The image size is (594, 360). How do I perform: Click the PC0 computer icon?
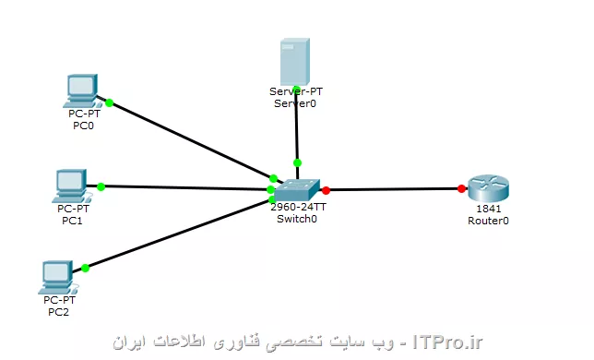(81, 90)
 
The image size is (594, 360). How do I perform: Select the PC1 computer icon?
(70, 185)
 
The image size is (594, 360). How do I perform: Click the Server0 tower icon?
(295, 61)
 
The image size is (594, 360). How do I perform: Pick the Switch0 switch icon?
(299, 189)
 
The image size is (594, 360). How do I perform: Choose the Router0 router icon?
(487, 189)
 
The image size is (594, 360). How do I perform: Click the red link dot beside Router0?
(461, 189)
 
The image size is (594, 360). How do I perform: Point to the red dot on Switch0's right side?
(326, 191)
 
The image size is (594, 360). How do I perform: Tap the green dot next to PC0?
(109, 102)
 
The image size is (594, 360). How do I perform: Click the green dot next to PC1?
(101, 186)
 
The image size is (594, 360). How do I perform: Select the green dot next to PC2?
(85, 268)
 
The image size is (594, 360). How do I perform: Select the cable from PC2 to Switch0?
(175, 234)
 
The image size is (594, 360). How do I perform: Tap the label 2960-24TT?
(297, 208)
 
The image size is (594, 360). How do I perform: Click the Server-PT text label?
(295, 91)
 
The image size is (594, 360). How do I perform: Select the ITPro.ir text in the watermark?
(449, 342)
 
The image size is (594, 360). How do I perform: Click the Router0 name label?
(488, 222)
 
